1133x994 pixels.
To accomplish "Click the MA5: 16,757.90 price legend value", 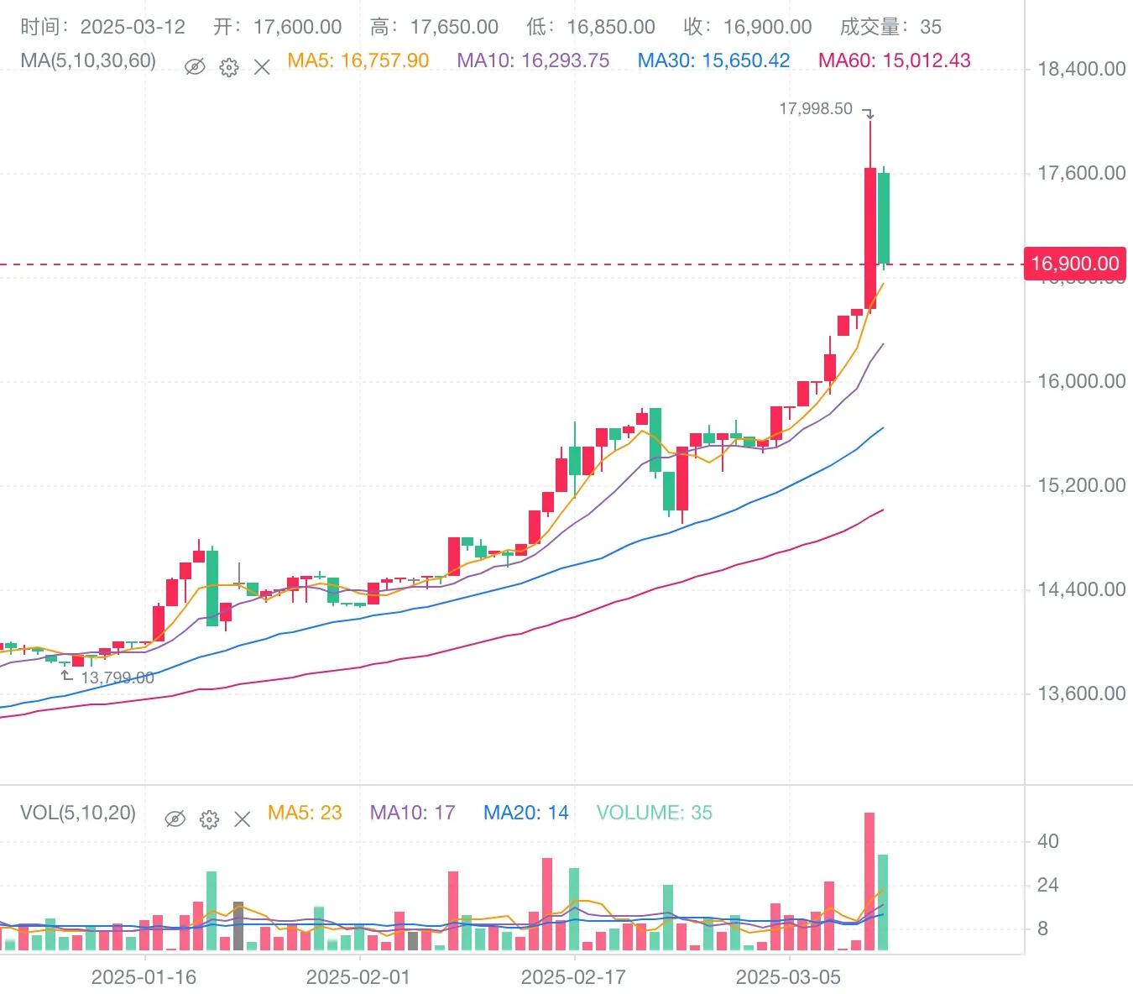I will pyautogui.click(x=358, y=61).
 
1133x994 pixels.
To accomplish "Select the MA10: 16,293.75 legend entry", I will pyautogui.click(x=533, y=61).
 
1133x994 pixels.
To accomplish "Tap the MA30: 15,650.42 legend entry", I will pyautogui.click(x=713, y=61).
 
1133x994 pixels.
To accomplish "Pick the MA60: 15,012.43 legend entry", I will pyautogui.click(x=894, y=61).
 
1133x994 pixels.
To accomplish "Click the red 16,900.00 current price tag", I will pyautogui.click(x=1074, y=264).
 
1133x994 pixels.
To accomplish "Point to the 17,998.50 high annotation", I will pyautogui.click(x=816, y=109).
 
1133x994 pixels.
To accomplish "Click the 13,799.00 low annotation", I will pyautogui.click(x=117, y=677).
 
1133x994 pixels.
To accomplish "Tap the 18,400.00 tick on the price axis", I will pyautogui.click(x=1081, y=69).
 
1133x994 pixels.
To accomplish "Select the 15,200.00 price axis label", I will pyautogui.click(x=1081, y=485).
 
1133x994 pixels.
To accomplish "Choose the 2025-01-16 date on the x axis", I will pyautogui.click(x=144, y=977).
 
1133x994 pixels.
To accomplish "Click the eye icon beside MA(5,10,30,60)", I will pyautogui.click(x=195, y=66).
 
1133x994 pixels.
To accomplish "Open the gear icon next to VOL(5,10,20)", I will pyautogui.click(x=209, y=819).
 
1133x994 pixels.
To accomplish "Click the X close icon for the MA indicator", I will pyautogui.click(x=262, y=67).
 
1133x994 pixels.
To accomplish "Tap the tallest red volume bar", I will pyautogui.click(x=869, y=882).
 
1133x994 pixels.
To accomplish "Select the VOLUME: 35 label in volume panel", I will pyautogui.click(x=654, y=813).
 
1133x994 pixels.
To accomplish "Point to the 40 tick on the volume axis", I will pyautogui.click(x=1048, y=841).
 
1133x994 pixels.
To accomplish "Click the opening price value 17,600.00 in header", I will pyautogui.click(x=297, y=27).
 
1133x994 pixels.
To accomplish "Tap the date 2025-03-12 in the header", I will pyautogui.click(x=133, y=27).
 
